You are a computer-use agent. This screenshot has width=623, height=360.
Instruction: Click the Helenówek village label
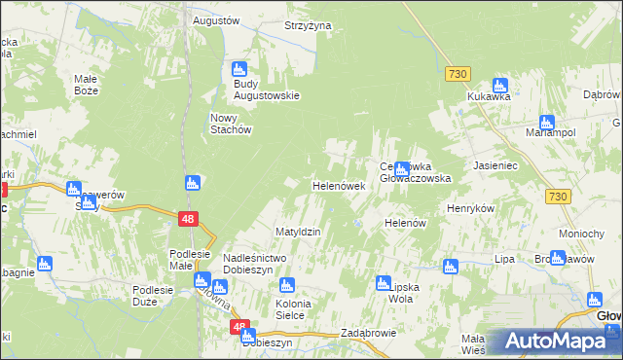[338, 185]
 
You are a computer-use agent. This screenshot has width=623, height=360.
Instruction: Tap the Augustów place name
[216, 20]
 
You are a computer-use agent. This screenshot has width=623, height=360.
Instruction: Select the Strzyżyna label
[308, 25]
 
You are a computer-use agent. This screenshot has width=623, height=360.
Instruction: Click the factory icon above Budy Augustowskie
[239, 69]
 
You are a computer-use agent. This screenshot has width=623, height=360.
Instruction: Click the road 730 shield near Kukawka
[458, 74]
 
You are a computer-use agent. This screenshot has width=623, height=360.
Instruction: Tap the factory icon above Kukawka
[500, 85]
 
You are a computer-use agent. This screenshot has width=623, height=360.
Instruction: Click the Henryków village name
[471, 209]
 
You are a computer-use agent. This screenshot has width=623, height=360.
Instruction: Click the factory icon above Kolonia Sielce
[287, 285]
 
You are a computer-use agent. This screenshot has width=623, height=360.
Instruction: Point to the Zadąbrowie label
[366, 333]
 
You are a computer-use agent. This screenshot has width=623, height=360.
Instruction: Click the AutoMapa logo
[555, 342]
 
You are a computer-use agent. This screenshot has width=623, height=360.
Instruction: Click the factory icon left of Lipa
[450, 266]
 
